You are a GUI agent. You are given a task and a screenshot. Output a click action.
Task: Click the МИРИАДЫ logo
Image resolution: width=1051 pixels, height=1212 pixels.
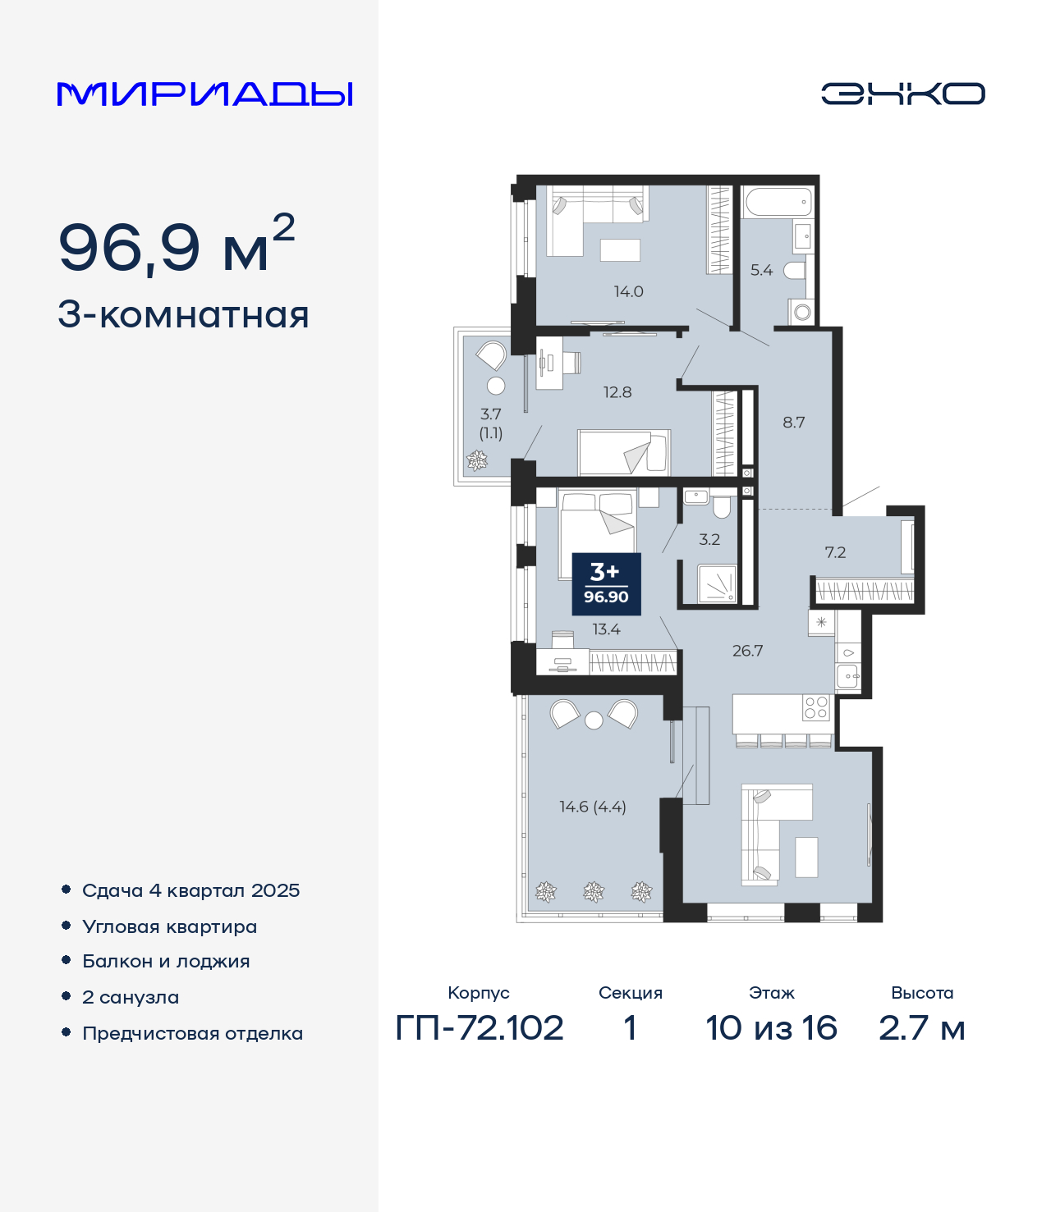pos(204,94)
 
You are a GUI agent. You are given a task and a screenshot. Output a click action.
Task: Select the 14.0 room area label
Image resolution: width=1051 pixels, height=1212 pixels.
pos(628,291)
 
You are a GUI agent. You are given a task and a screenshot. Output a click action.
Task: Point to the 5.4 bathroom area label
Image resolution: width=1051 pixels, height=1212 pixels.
pos(761,270)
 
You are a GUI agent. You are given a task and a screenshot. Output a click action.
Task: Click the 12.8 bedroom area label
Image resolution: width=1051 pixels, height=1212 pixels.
pos(617,392)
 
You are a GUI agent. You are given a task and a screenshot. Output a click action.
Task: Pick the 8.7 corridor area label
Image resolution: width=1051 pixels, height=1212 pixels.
pos(793,422)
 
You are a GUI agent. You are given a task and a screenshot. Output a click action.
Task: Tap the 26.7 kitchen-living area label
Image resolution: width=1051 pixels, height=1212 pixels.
pos(748,650)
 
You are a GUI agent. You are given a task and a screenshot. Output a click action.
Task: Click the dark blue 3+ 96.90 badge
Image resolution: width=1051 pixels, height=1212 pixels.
pos(606,584)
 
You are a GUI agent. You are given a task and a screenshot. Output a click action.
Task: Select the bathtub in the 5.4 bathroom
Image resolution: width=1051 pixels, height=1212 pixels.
pos(778,203)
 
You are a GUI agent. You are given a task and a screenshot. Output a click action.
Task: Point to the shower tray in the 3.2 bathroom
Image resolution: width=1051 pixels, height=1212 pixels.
pos(717,583)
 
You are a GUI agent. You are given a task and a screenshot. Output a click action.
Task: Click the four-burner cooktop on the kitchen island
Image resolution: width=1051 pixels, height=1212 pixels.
pos(815,707)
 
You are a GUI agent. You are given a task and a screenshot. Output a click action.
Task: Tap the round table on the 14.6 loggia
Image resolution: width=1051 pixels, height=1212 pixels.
pos(594,720)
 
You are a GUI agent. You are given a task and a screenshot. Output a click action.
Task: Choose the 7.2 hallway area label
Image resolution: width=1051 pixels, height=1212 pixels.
pos(835,552)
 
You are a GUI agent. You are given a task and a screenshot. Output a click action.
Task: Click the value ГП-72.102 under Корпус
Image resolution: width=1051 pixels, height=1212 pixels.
pos(480,1028)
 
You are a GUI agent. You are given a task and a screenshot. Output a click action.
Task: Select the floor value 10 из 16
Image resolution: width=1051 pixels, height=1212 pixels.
pos(771,1028)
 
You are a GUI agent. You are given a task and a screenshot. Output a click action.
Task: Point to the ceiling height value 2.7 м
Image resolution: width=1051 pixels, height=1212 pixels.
pos(922,1028)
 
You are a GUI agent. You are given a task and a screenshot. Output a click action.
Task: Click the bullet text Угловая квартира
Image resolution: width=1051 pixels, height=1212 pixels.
pos(170,927)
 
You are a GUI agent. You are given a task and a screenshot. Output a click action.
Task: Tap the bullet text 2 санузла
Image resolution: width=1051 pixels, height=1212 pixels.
pos(131,997)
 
